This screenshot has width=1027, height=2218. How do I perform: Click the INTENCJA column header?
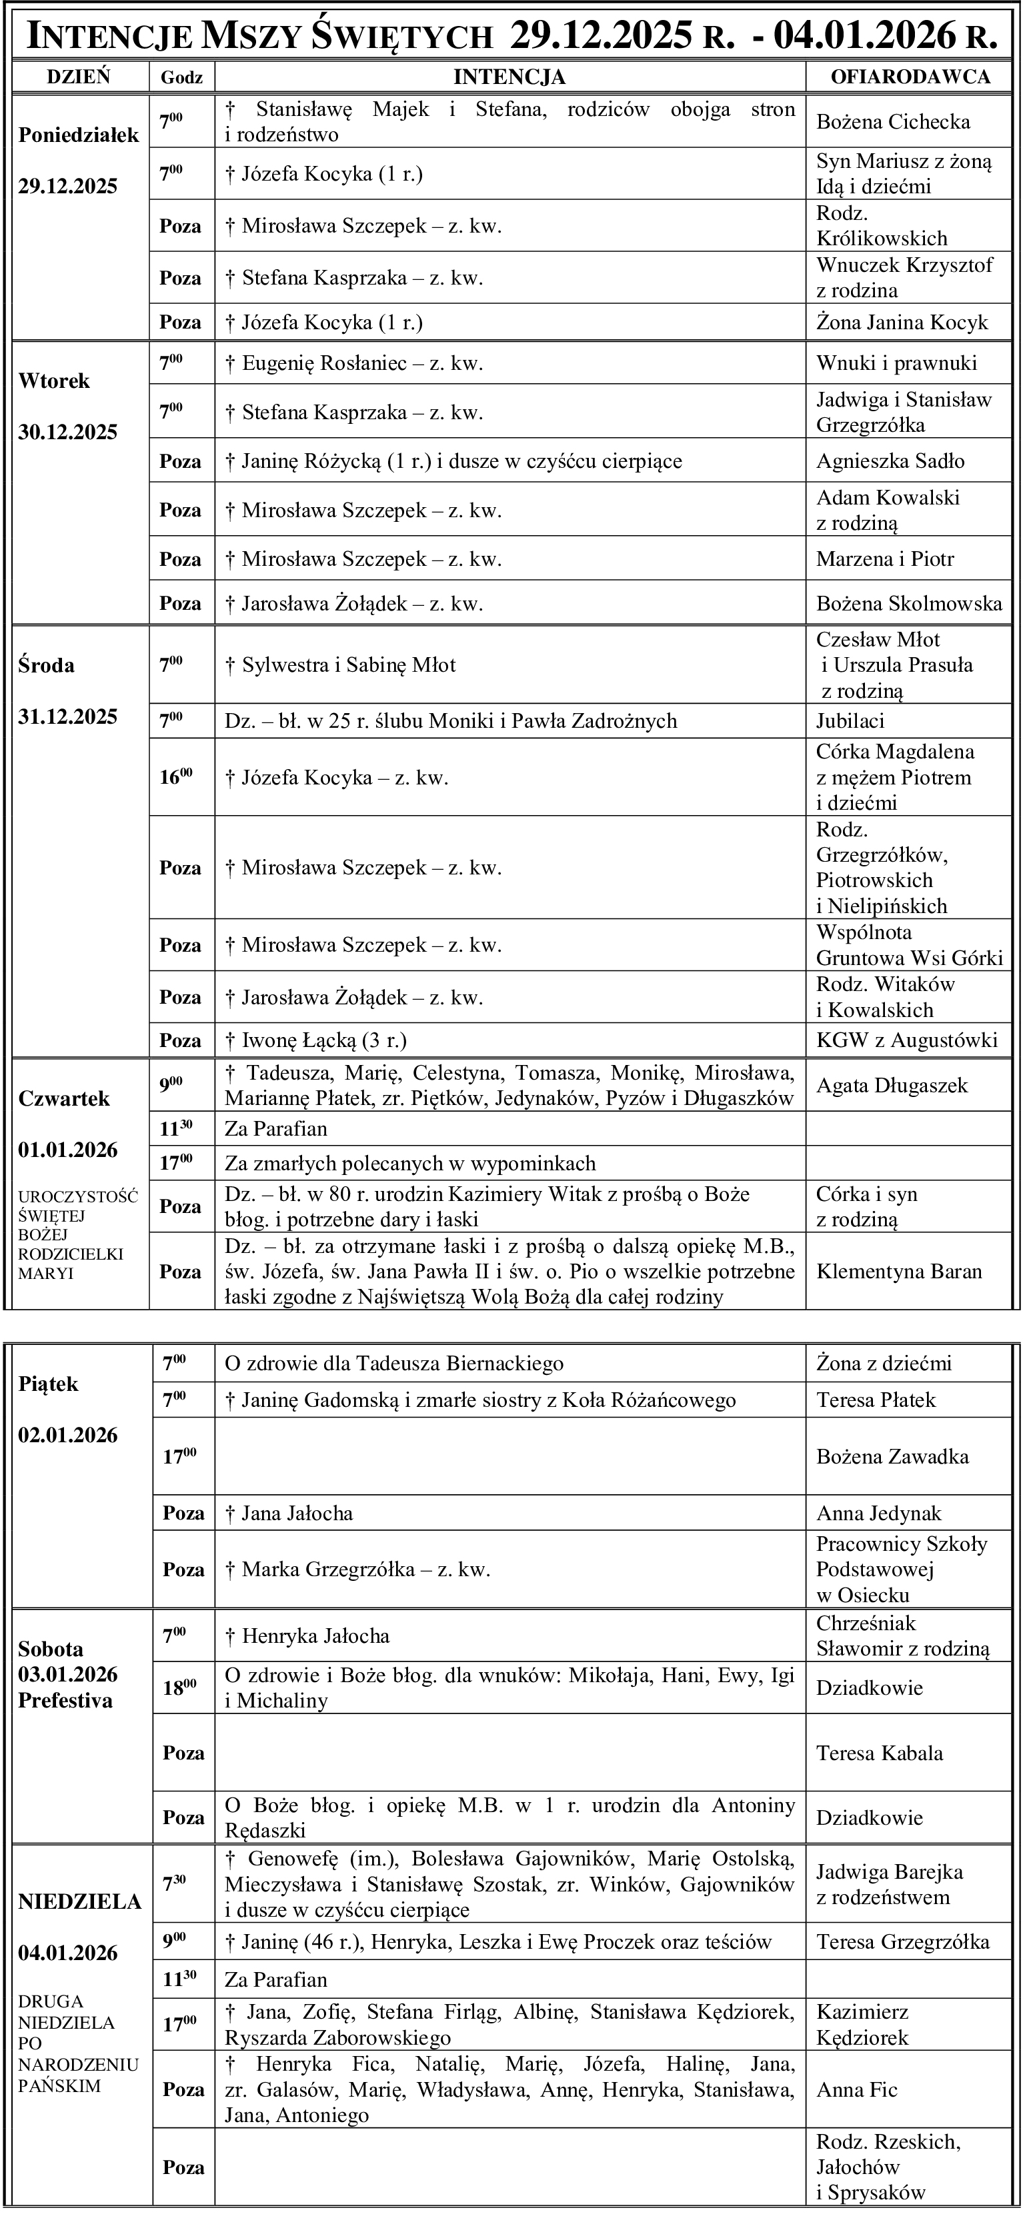[509, 77]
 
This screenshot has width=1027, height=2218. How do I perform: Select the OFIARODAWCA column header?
[910, 77]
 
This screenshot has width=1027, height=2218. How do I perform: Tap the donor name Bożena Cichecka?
[892, 121]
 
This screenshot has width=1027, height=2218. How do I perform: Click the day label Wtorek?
[54, 381]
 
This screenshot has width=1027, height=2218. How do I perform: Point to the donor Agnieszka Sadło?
[890, 461]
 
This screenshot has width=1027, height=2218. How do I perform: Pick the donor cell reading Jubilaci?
[850, 720]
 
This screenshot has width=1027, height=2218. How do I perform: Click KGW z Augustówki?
[906, 1040]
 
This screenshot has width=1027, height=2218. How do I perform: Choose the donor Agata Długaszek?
[892, 1086]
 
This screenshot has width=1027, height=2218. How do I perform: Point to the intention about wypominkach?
[410, 1163]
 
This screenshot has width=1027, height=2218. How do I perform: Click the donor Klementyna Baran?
[899, 1272]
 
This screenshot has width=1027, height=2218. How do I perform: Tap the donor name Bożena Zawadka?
[892, 1456]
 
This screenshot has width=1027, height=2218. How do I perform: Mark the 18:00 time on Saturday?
[179, 1687]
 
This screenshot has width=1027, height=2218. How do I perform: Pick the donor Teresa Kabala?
[880, 1752]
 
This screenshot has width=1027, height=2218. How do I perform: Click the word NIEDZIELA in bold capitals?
[79, 1902]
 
